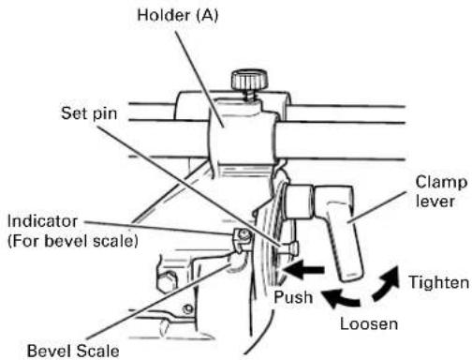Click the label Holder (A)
click(178, 16)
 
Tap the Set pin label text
click(89, 113)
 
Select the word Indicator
click(42, 221)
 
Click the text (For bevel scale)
click(73, 241)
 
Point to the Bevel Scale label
click(73, 351)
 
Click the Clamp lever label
click(441, 191)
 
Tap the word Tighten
click(439, 282)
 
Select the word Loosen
click(369, 323)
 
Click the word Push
click(293, 297)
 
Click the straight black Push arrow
click(302, 270)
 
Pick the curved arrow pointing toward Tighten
click(387, 284)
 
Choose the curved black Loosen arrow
click(341, 298)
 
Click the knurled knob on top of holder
click(249, 81)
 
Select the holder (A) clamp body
click(242, 138)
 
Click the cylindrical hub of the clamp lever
click(299, 202)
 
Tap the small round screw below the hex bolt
click(188, 309)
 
